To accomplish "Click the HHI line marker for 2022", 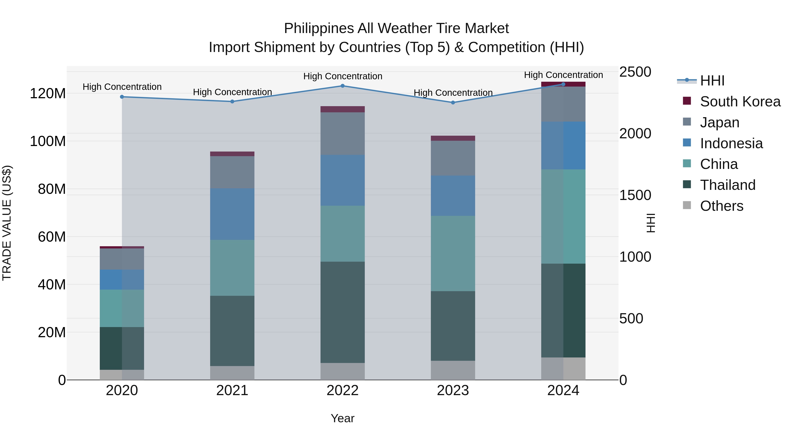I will (x=342, y=86).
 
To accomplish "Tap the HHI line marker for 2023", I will (x=453, y=102).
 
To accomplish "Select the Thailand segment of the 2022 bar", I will (x=342, y=312).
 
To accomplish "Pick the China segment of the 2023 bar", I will (x=453, y=253).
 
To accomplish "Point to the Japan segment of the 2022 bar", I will (x=342, y=134).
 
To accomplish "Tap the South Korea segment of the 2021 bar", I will (x=232, y=154).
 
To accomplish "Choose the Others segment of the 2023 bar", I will (x=453, y=370).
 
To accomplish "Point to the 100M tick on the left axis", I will (x=48, y=141).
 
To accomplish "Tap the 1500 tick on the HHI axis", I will (x=635, y=195).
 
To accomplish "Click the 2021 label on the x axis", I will (x=232, y=390).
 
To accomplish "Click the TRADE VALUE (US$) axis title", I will (x=7, y=223).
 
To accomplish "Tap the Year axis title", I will (x=342, y=418).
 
